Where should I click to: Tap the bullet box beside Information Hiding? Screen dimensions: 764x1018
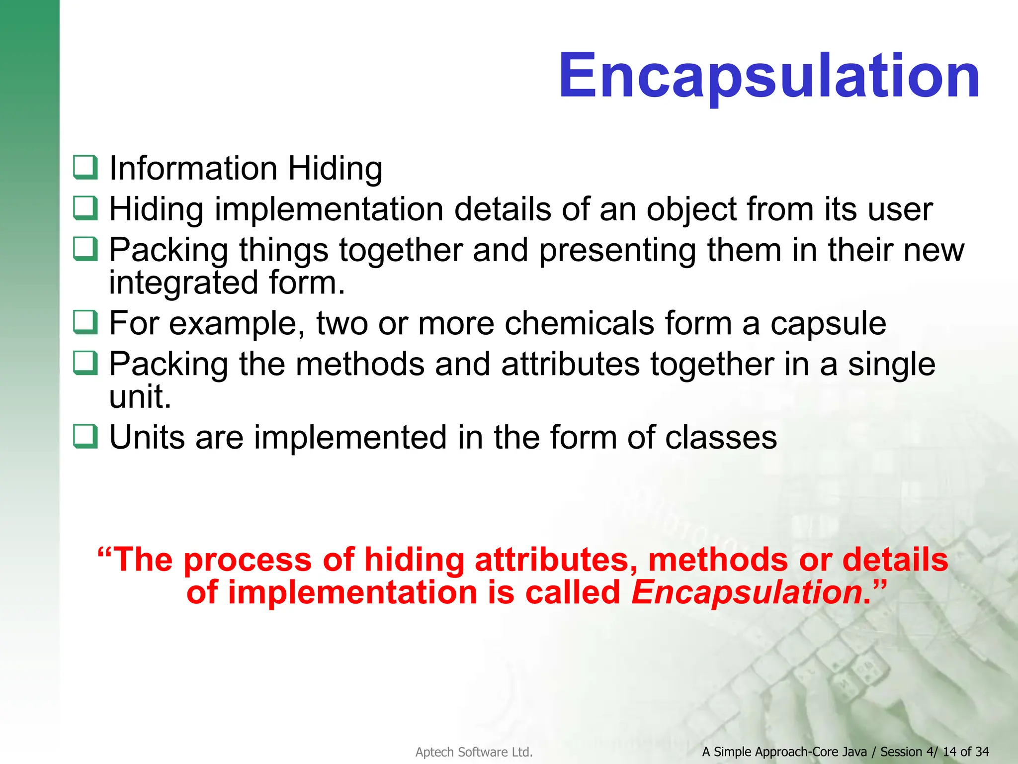coord(85,168)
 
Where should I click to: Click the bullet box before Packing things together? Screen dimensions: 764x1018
coord(85,249)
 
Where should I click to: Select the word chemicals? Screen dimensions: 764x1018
coord(579,323)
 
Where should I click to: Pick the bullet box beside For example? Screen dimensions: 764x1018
coord(85,322)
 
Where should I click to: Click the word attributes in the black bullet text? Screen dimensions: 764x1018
coord(570,364)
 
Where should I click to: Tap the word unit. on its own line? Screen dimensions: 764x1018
coord(140,397)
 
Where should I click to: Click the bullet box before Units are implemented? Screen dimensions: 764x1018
coord(85,436)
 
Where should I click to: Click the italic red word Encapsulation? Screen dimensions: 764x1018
coord(747,593)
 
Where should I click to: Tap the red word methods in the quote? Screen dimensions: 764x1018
coord(717,560)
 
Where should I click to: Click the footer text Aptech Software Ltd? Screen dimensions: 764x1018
coord(474,752)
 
